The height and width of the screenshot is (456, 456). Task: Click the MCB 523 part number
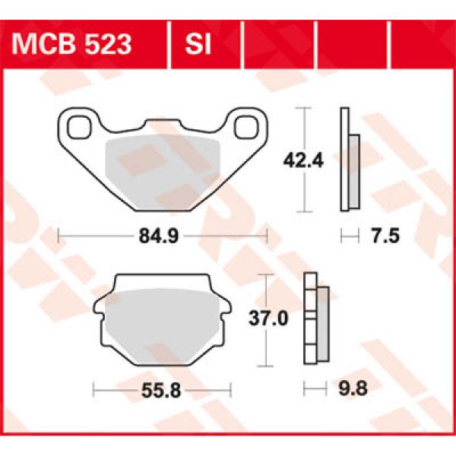tap(71, 44)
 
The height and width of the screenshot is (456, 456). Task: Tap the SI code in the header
tap(195, 44)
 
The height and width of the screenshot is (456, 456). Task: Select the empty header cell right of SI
tap(277, 44)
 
